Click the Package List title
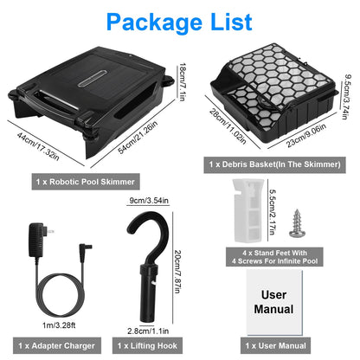pyautogui.click(x=179, y=20)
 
